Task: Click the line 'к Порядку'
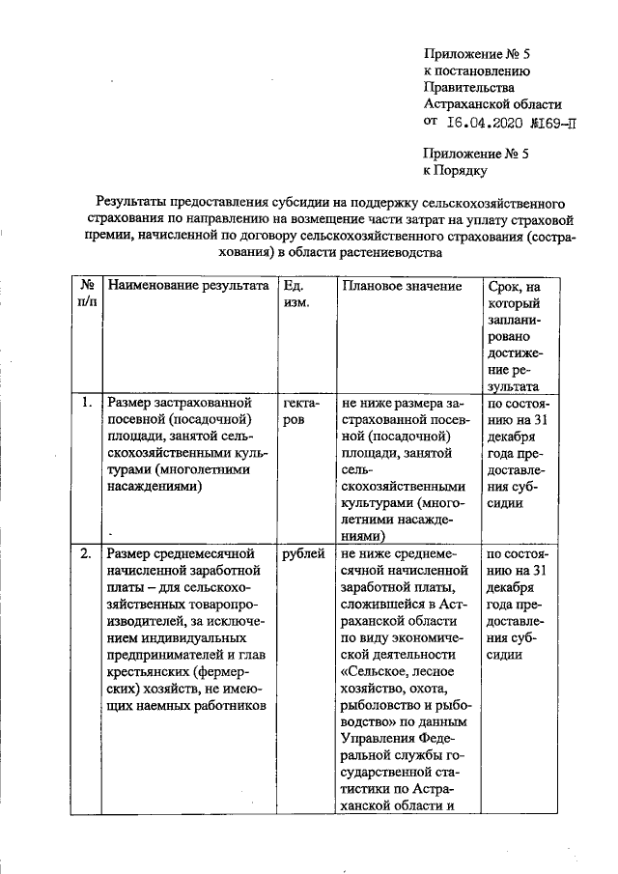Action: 462,171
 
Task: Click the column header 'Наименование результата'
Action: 187,287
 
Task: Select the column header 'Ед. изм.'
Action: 295,295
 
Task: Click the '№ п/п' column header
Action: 87,295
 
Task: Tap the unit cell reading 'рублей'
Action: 304,554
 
